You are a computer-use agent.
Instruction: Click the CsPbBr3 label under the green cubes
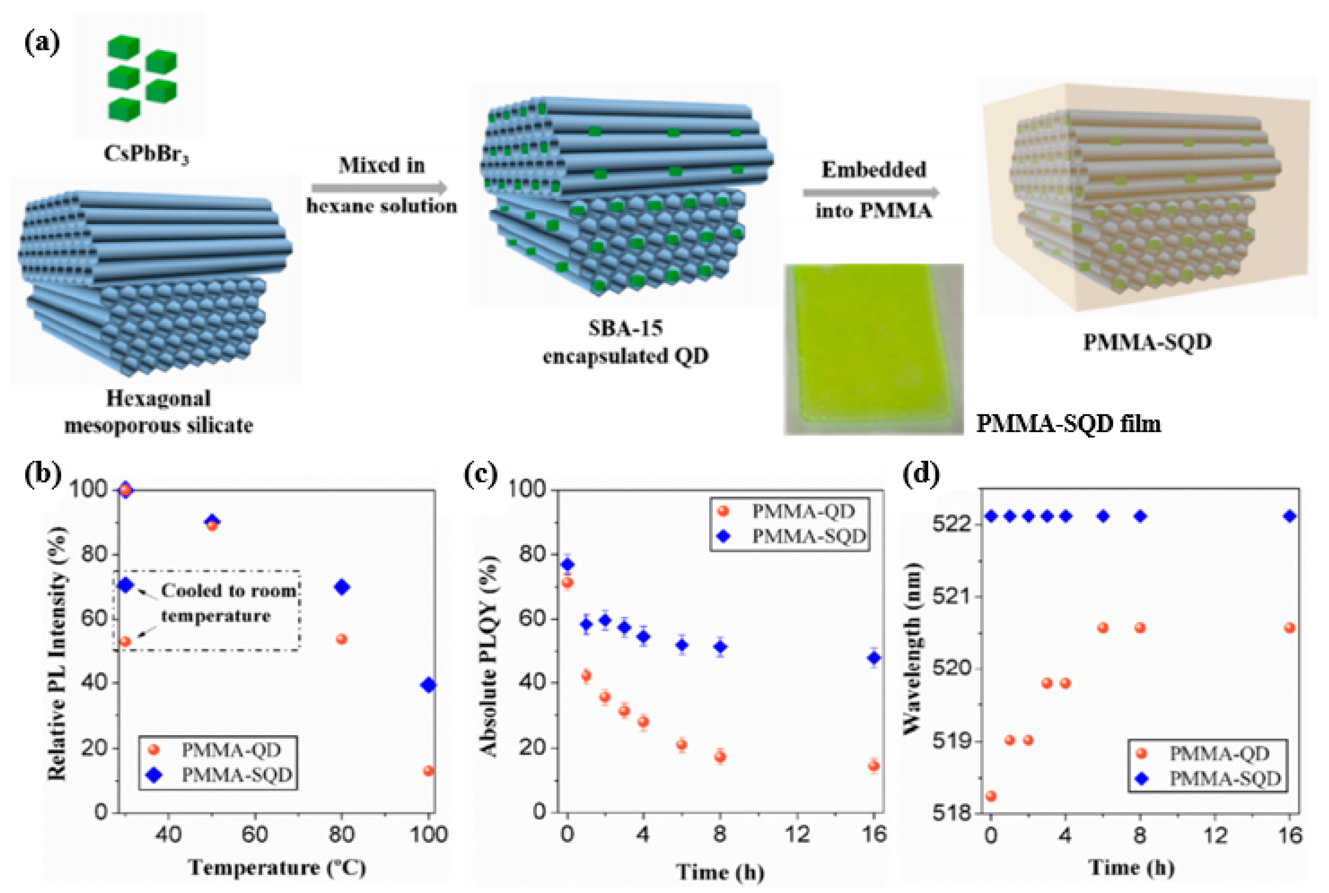(146, 154)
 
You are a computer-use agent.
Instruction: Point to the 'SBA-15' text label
(625, 329)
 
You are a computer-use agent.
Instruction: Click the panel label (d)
(921, 474)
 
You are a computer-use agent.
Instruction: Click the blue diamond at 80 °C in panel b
(341, 587)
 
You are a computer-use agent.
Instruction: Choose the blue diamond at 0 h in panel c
(568, 564)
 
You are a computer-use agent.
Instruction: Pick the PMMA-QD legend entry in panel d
(1219, 754)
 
